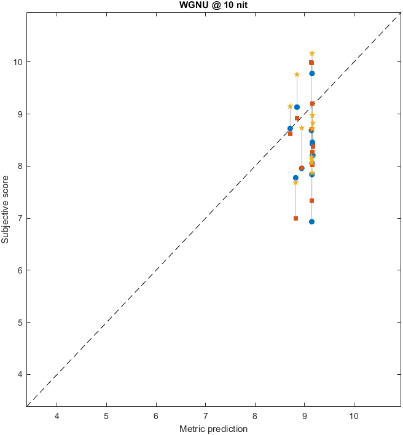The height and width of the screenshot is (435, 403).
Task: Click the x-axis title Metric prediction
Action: point(213,429)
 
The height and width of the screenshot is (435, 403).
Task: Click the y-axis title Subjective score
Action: point(6,210)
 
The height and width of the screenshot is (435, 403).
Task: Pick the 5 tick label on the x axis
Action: point(107,416)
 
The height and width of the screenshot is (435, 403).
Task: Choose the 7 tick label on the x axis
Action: point(206,416)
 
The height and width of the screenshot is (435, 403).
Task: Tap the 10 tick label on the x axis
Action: point(354,416)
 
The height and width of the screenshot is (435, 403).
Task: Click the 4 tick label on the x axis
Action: point(57,416)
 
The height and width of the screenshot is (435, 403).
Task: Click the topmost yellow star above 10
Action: point(312,54)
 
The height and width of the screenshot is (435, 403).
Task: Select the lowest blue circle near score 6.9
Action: point(312,222)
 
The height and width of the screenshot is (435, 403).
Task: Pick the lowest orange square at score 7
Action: point(296,218)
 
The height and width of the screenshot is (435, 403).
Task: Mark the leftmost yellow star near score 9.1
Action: point(290,106)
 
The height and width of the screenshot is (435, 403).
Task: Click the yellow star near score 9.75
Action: point(297,74)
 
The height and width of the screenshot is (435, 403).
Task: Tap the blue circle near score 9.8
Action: point(312,73)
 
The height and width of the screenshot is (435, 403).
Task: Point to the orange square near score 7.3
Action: point(312,200)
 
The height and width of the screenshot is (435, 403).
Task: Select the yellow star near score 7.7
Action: point(295,182)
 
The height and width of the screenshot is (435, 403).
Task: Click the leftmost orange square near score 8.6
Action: point(291,133)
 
